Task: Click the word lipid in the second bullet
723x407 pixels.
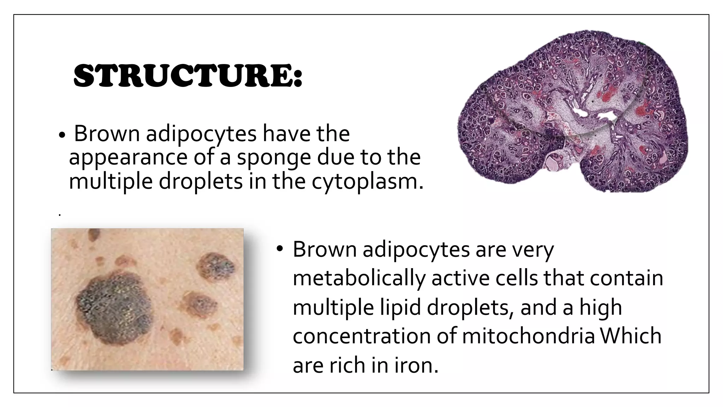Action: click(400, 307)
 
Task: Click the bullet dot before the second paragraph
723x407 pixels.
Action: click(280, 249)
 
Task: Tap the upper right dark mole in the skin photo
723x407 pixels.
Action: click(216, 267)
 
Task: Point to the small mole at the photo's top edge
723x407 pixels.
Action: click(94, 234)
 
